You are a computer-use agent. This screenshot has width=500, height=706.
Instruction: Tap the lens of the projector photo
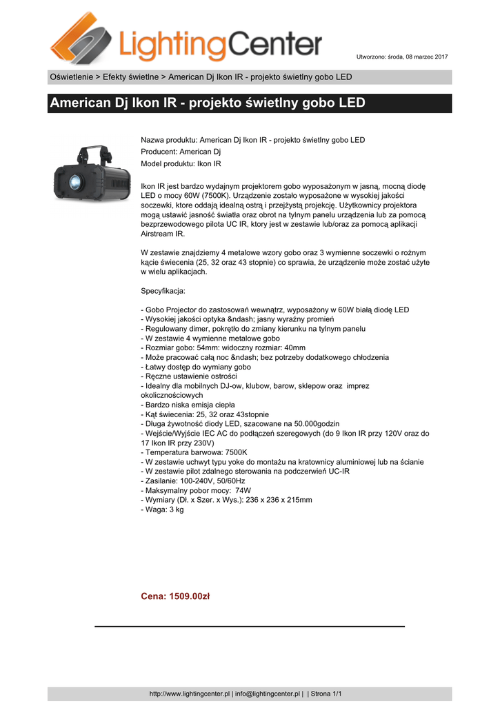pyautogui.click(x=74, y=181)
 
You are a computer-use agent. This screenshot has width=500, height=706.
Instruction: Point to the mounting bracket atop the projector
pyautogui.click(x=93, y=152)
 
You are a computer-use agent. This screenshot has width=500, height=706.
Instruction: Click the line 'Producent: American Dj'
pyautogui.click(x=181, y=152)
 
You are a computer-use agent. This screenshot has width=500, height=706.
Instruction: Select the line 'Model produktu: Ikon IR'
pyautogui.click(x=181, y=164)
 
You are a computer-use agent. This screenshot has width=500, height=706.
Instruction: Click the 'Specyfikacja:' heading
pyautogui.click(x=163, y=291)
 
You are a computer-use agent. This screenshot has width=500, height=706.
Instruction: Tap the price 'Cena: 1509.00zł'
pyautogui.click(x=175, y=596)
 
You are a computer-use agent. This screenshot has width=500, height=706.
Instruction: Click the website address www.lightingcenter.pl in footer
pyautogui.click(x=190, y=694)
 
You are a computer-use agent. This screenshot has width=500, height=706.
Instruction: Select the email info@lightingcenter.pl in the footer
pyautogui.click(x=268, y=694)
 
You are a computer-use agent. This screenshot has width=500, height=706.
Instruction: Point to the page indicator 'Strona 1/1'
pyautogui.click(x=327, y=694)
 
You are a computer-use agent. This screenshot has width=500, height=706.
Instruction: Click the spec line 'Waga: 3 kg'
pyautogui.click(x=163, y=510)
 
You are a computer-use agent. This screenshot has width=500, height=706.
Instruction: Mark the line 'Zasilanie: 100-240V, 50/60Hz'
pyautogui.click(x=194, y=481)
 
